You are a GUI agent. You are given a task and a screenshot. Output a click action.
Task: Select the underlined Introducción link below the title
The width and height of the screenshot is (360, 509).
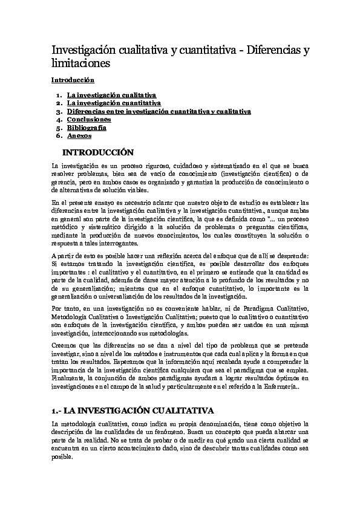point(73,80)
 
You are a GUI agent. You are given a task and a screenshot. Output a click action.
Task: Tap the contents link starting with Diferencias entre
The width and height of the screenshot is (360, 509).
point(159,112)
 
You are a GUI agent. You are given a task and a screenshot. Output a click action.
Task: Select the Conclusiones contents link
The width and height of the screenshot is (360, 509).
point(89,120)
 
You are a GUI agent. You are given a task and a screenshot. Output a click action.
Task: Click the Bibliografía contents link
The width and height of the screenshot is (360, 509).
point(87,128)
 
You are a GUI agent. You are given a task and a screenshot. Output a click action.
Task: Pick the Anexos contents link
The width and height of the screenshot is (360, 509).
point(79,136)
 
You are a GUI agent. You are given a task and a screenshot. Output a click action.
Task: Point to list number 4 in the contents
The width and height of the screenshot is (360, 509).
point(57,120)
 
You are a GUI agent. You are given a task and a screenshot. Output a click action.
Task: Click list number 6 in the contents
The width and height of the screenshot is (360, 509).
point(57,136)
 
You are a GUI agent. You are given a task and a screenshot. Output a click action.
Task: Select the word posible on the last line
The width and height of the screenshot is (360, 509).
point(62,458)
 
